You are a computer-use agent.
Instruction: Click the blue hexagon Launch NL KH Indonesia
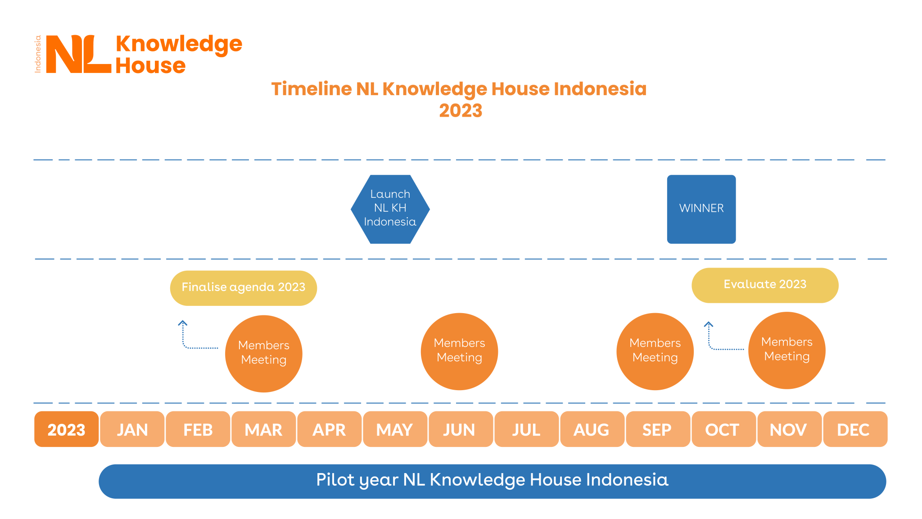[x=390, y=209]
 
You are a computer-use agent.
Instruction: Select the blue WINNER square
[x=701, y=209]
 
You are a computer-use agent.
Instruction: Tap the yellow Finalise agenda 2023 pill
[x=243, y=288]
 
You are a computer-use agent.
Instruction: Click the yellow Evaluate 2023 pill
[x=764, y=285]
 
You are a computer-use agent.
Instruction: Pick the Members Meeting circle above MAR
[x=263, y=353]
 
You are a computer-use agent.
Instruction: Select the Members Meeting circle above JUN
[x=459, y=351]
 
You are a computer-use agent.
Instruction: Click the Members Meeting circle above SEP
[x=655, y=351]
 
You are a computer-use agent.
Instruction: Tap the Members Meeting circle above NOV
[x=786, y=350]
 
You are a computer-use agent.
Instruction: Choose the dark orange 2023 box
[x=66, y=429]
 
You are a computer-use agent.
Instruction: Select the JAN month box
[x=132, y=429]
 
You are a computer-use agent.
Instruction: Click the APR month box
[x=329, y=429]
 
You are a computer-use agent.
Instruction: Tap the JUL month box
[x=526, y=429]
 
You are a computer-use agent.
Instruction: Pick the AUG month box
[x=592, y=429]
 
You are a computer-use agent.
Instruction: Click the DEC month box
[x=854, y=429]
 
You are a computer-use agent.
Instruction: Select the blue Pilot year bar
[x=492, y=481]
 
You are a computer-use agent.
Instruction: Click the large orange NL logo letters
[x=78, y=54]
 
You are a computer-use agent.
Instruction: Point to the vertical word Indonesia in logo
[x=38, y=54]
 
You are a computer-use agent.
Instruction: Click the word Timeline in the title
[x=311, y=89]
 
